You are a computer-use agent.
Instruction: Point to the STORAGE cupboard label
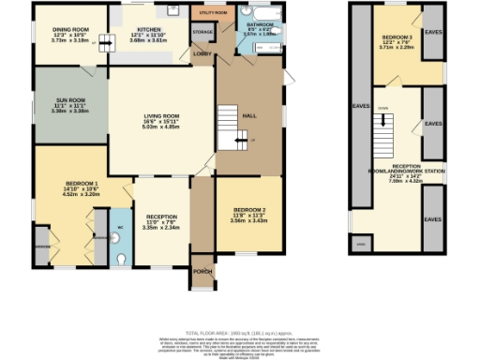tap(202, 33)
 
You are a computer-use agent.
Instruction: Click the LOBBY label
tap(201, 53)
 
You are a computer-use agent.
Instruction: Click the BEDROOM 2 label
tap(249, 209)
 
